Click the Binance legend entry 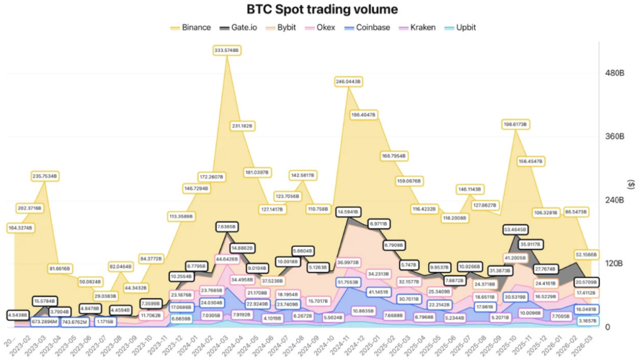191,27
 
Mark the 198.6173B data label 516,124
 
